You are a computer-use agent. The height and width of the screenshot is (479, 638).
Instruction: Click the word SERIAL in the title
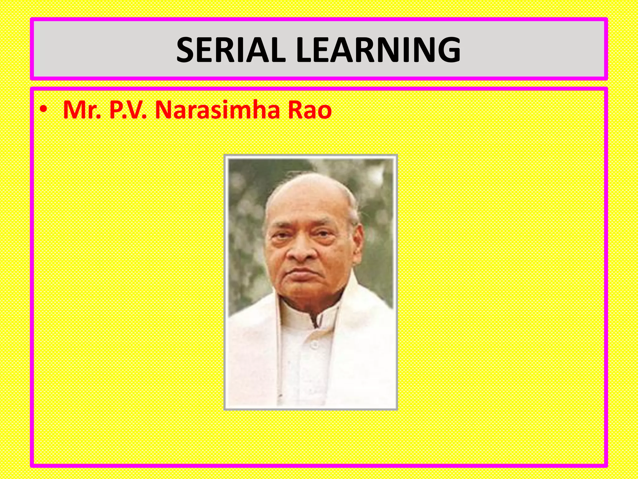231,50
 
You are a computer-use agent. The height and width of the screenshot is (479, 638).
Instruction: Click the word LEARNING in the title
378,50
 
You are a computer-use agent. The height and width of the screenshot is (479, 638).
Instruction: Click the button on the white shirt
315,344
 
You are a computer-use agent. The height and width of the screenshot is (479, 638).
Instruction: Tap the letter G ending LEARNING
449,50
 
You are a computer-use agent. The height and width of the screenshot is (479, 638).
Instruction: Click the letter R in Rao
295,110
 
